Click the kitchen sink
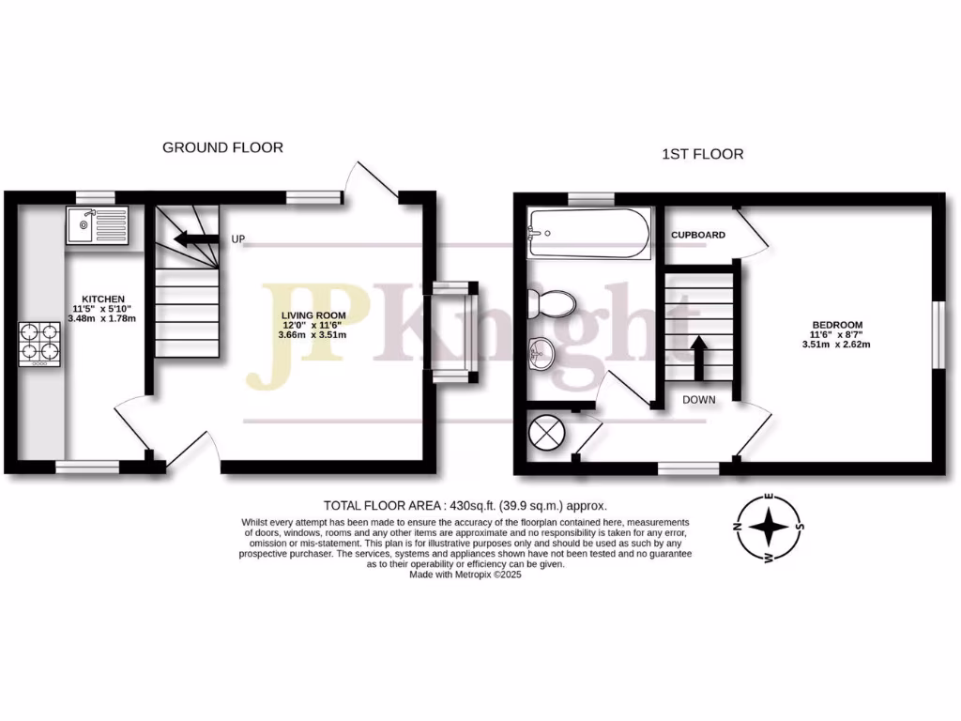tap(97, 225)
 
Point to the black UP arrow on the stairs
tap(195, 238)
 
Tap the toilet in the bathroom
tap(552, 303)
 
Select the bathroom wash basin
tap(542, 354)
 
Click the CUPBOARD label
tap(697, 235)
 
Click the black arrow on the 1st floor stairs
tap(698, 355)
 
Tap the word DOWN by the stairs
tap(698, 399)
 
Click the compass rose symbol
tap(770, 527)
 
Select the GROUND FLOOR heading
tap(222, 147)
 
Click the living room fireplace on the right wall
tap(454, 332)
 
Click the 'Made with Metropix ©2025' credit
tap(465, 575)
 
